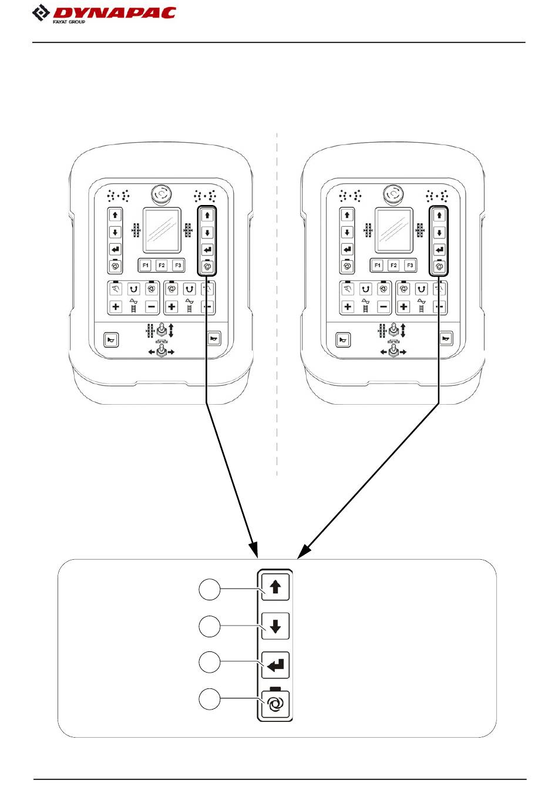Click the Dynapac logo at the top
point(104,14)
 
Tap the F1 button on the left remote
point(146,265)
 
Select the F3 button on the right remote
point(410,265)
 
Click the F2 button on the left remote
point(162,265)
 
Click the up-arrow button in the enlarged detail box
point(275,587)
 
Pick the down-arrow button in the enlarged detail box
point(275,626)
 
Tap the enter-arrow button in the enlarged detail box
point(275,665)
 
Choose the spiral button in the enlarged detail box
point(275,704)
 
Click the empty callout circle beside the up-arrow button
point(209,589)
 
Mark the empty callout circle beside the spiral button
point(209,699)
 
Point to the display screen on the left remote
point(162,230)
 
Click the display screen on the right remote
point(394,230)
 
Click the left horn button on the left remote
point(111,340)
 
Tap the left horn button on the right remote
point(343,340)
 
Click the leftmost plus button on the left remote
point(116,307)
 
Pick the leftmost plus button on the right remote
point(348,307)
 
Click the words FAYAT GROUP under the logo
point(69,22)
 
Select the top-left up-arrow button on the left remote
point(115,215)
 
